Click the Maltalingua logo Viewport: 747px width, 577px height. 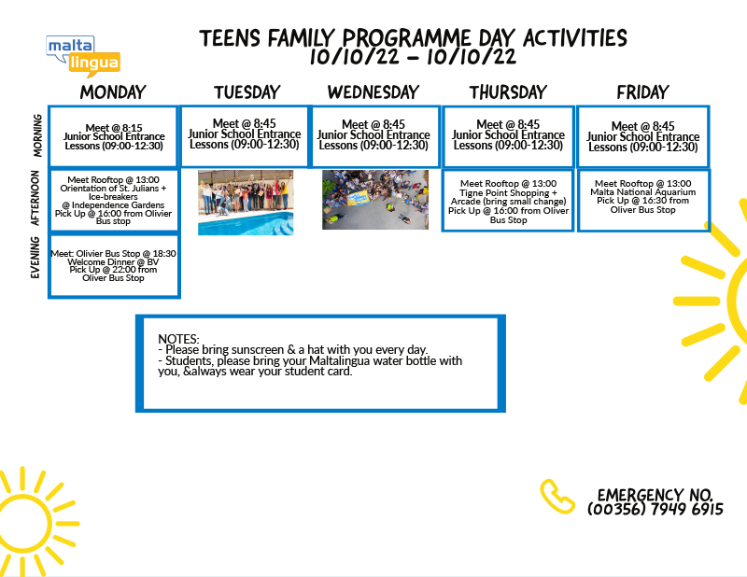point(83,56)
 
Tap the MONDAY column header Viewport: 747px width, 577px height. point(113,92)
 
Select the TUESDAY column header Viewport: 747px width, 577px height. point(247,92)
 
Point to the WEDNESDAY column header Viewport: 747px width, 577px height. point(373,92)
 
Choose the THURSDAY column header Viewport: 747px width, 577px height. point(508,92)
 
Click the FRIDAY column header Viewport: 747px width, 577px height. point(642,92)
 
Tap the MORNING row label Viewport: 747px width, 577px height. point(37,135)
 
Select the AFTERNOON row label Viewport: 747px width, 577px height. point(35,198)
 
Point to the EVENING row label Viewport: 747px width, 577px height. point(35,258)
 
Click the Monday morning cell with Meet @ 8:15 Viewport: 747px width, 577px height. point(114,136)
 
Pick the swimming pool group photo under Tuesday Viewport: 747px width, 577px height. point(246,203)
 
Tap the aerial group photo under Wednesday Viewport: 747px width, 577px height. point(375,200)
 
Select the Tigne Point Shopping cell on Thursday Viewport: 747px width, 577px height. point(508,201)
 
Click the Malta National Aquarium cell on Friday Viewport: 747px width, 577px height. point(643,201)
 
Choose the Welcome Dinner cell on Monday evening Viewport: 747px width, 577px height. point(114,266)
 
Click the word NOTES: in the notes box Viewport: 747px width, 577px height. point(178,339)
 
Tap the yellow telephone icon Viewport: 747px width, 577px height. point(557,497)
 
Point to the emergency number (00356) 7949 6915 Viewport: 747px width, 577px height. point(655,510)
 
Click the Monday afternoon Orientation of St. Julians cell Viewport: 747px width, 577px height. point(114,200)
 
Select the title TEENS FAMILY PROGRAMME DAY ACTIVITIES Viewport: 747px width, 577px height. point(413,38)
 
